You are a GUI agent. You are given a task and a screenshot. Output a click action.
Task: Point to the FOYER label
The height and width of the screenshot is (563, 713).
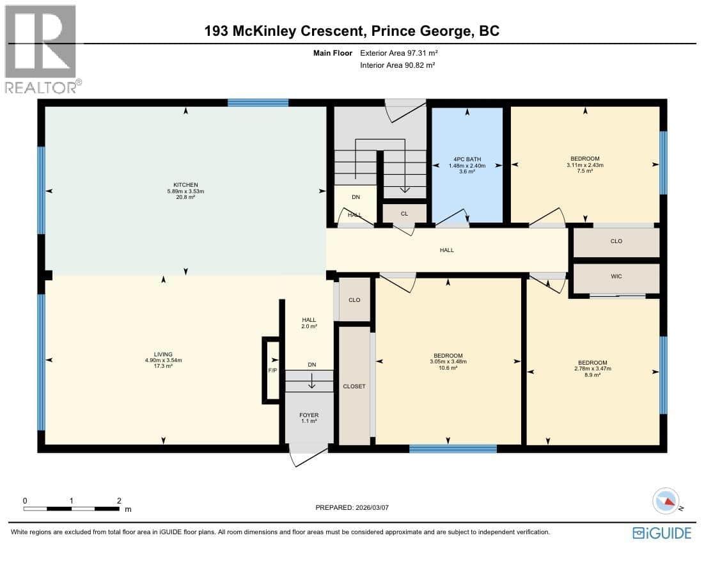tap(309, 415)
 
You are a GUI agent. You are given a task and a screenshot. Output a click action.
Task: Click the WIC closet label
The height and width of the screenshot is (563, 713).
tap(616, 276)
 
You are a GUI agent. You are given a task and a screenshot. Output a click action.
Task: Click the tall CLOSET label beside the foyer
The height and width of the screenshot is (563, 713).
tap(354, 386)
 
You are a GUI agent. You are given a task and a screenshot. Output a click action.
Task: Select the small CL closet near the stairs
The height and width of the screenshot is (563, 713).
tap(404, 214)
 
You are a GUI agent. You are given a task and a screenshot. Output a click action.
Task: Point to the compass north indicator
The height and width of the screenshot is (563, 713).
tap(666, 500)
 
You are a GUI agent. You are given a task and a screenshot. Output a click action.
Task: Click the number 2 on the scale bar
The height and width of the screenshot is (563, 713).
tap(120, 500)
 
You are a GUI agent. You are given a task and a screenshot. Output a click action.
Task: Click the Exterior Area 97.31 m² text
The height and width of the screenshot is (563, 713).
tap(398, 53)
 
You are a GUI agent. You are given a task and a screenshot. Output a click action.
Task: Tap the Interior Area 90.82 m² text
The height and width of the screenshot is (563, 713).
tap(397, 65)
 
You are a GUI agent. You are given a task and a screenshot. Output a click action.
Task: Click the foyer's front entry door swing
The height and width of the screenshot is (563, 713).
tap(308, 457)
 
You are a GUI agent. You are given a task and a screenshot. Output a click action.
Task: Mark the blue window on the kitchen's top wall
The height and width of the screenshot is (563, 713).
tap(258, 102)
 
